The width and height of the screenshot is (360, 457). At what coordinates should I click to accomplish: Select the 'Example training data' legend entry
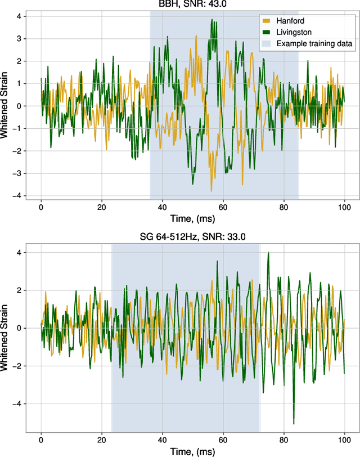point(307,43)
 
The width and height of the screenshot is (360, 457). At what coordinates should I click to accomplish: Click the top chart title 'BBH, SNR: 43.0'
point(193,4)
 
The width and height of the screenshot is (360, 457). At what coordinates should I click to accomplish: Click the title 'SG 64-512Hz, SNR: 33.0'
point(193,236)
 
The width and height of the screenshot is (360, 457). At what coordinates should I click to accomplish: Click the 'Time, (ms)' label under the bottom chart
point(193,450)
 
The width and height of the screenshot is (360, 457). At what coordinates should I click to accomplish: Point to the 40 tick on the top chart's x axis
point(163,207)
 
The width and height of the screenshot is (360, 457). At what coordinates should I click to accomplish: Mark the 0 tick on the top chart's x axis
point(41,207)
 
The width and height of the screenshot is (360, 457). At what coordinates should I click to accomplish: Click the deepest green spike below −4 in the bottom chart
point(294,423)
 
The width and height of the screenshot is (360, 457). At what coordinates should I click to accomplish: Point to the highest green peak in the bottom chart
point(268,253)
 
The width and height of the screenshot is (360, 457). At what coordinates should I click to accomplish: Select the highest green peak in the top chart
point(211,20)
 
